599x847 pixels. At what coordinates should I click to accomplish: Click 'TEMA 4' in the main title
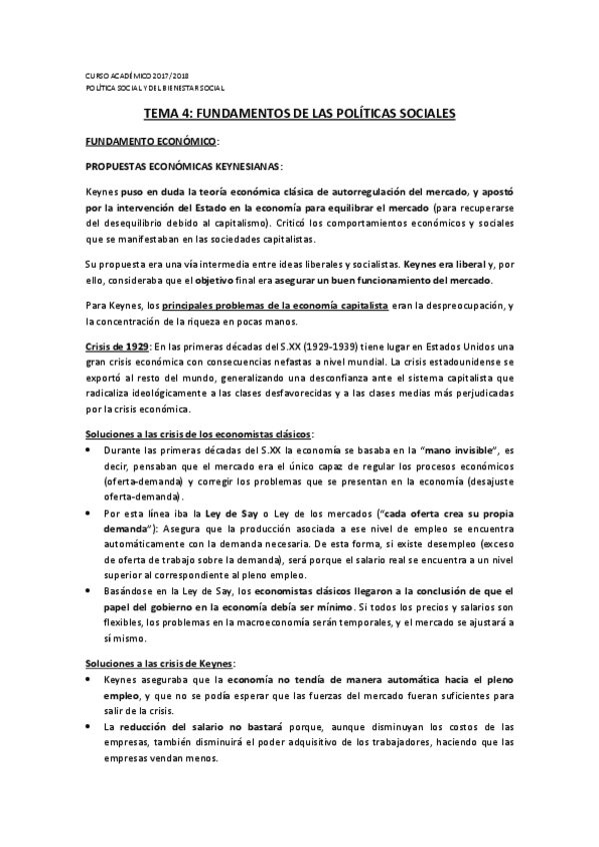point(172,115)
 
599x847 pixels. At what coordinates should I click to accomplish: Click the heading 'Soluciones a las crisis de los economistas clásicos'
point(197,434)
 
